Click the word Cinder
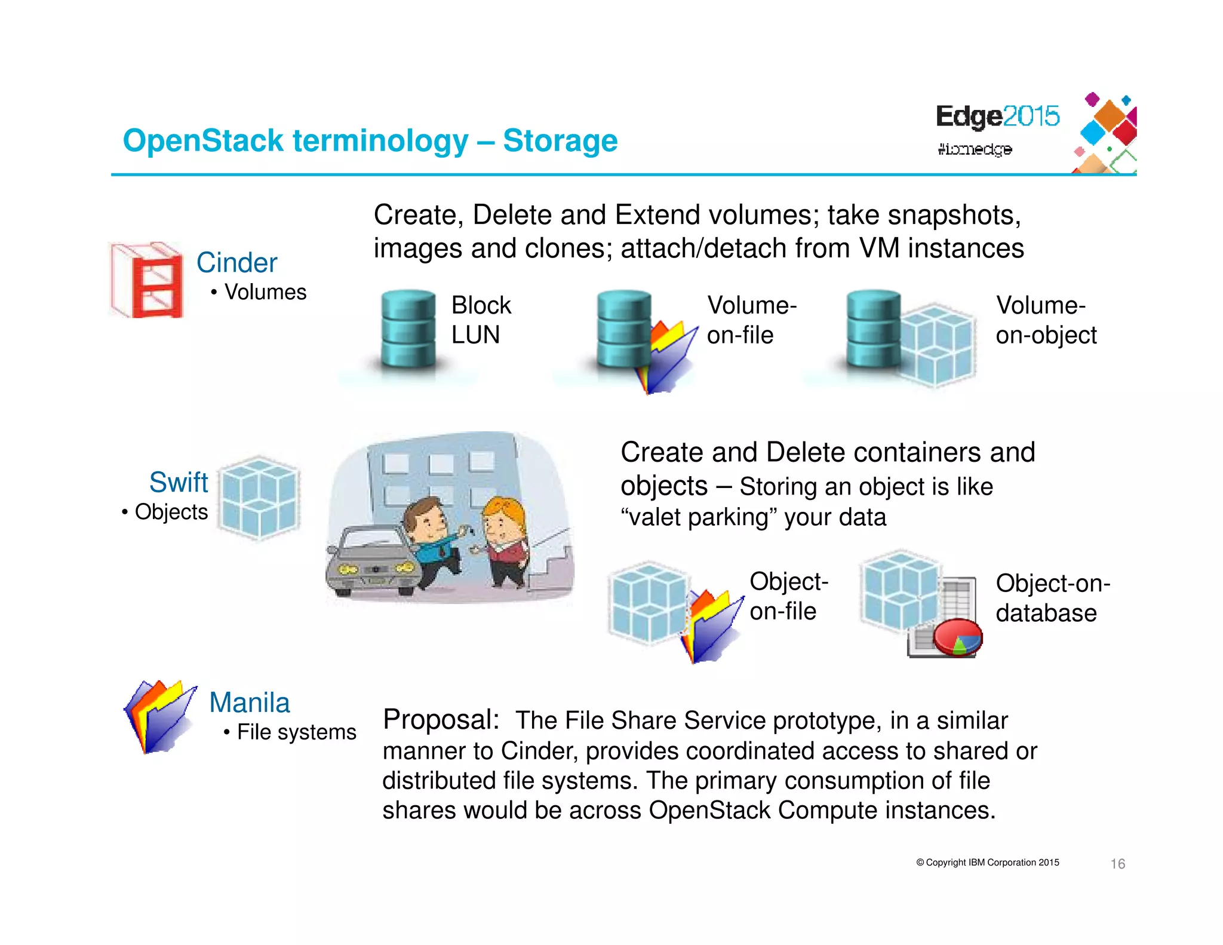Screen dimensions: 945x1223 pos(237,263)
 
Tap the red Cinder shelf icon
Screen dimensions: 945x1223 pos(148,280)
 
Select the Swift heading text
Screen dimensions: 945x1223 pos(179,482)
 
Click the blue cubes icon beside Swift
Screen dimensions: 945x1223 pos(259,498)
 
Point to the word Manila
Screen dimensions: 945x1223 pos(250,702)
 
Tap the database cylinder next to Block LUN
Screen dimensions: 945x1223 pos(408,329)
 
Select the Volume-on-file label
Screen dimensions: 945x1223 pos(751,320)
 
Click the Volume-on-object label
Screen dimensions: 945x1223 pos(1046,320)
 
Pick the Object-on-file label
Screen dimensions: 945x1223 pos(788,596)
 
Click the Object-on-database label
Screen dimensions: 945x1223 pos(1052,598)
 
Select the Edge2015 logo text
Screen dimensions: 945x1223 pos(997,116)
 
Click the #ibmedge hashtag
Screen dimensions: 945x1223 pos(975,149)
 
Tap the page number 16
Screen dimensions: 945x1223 pos(1117,864)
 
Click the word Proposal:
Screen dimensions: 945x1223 pos(441,719)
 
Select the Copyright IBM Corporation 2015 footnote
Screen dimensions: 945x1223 pos(988,863)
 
